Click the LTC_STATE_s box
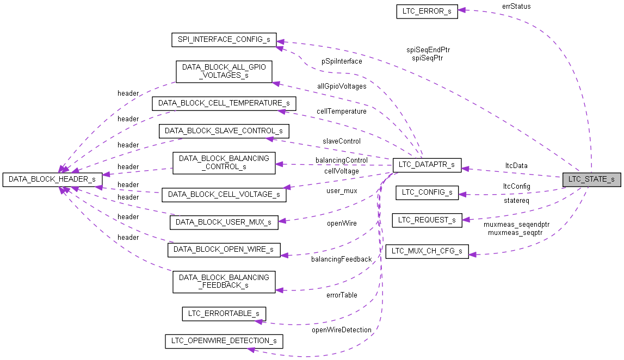point(591,179)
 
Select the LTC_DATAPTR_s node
point(427,165)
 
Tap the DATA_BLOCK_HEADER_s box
point(52,179)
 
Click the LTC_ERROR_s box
point(427,11)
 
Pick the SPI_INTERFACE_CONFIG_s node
point(224,40)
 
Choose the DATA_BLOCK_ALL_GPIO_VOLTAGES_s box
point(224,72)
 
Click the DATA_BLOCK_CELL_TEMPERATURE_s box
point(224,103)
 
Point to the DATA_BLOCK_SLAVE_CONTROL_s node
point(224,131)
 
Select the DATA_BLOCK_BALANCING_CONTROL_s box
point(224,163)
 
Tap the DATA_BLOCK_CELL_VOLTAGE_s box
point(224,194)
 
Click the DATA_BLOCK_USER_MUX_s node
point(224,222)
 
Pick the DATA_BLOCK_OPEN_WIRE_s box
point(224,250)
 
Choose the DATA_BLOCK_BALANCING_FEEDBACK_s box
point(224,281)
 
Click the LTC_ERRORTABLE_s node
point(224,313)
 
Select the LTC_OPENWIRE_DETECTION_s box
point(224,341)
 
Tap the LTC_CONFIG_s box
point(427,192)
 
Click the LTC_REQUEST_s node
point(427,220)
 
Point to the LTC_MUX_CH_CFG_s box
point(427,251)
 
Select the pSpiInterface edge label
point(341,61)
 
